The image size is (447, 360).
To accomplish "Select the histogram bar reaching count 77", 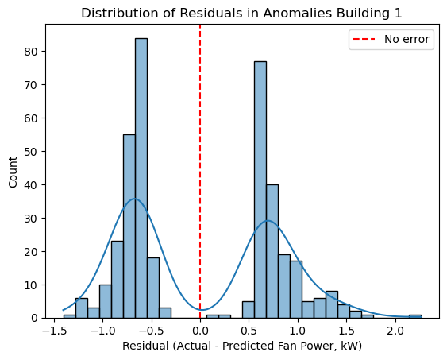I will tap(260, 190).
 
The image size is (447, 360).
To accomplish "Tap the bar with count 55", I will tap(129, 226).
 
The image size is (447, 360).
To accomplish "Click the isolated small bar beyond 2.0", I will tap(414, 315).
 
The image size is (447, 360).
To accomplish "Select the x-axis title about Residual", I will tap(241, 347).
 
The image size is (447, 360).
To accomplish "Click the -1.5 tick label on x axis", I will tap(52, 330).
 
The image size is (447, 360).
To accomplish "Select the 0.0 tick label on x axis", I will tap(199, 330).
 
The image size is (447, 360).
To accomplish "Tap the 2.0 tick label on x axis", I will tap(395, 330).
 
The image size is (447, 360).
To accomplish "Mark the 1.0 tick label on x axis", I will tap(298, 330).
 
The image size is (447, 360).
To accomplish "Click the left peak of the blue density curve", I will tap(135, 199).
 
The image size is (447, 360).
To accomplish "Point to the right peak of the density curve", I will tap(268, 221).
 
